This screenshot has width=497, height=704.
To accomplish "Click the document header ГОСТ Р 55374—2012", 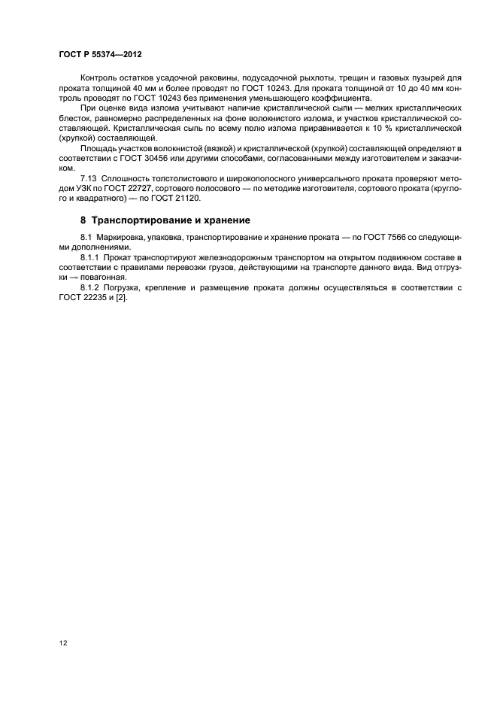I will coord(100,55).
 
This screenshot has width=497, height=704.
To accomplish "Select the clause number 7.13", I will coord(88,178).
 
